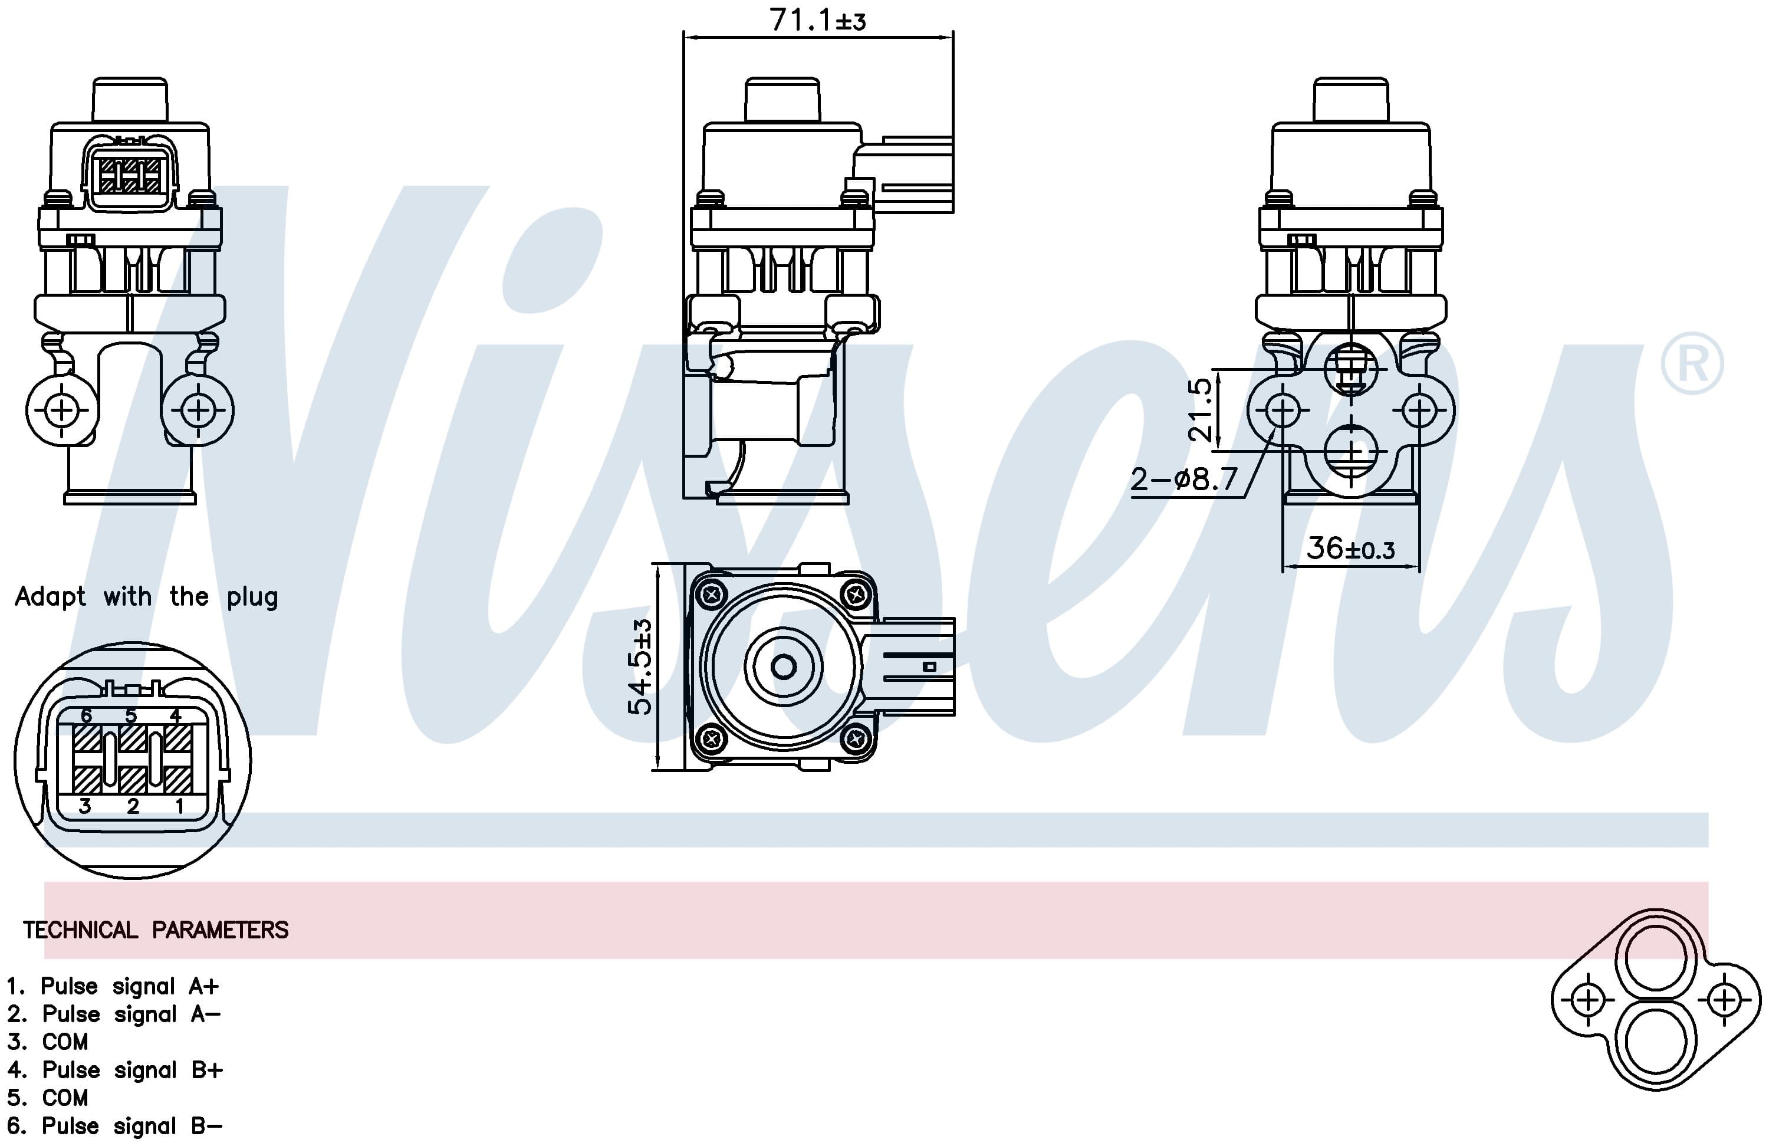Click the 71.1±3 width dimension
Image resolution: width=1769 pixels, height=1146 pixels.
pyautogui.click(x=818, y=20)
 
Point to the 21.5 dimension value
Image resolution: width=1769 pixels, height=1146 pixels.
pyautogui.click(x=1199, y=410)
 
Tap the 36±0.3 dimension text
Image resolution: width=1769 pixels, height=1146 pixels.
pyautogui.click(x=1350, y=549)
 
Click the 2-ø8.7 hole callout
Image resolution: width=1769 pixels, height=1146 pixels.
pyautogui.click(x=1184, y=479)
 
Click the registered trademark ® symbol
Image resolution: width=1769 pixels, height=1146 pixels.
pyautogui.click(x=1692, y=364)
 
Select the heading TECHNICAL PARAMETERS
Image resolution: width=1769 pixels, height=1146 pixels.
pyautogui.click(x=155, y=930)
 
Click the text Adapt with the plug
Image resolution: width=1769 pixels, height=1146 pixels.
pyautogui.click(x=146, y=596)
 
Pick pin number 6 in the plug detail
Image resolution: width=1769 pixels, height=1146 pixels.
pyautogui.click(x=86, y=716)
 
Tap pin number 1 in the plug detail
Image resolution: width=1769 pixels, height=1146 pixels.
pyautogui.click(x=179, y=806)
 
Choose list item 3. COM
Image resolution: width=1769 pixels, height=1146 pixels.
pyautogui.click(x=48, y=1041)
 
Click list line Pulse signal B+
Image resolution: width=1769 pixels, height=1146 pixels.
pyautogui.click(x=115, y=1069)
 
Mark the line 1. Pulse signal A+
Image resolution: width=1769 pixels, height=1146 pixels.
pyautogui.click(x=113, y=986)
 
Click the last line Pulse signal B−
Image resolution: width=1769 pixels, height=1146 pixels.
pyautogui.click(x=115, y=1126)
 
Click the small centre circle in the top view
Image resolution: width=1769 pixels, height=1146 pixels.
pyautogui.click(x=784, y=666)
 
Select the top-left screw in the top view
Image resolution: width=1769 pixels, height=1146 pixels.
pyautogui.click(x=712, y=594)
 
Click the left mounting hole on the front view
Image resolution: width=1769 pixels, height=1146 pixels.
pyautogui.click(x=63, y=410)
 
